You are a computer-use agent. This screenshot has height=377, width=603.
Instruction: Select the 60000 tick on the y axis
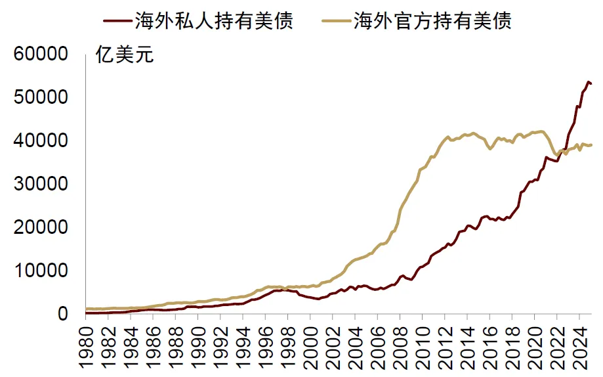click(41, 54)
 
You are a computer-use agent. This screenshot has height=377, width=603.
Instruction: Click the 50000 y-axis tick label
click(41, 97)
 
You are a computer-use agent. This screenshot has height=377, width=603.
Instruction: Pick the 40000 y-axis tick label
click(41, 141)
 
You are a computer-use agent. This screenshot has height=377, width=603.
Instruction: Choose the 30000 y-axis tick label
click(41, 184)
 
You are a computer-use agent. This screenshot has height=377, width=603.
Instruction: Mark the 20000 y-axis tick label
click(41, 227)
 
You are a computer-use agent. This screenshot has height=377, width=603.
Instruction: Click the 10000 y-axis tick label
click(41, 271)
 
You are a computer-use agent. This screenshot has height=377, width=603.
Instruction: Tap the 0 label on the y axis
click(62, 314)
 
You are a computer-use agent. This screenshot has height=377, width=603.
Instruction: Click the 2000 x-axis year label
click(310, 345)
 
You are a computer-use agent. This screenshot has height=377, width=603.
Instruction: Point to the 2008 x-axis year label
click(399, 345)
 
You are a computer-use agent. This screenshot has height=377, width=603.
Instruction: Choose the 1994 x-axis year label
click(243, 345)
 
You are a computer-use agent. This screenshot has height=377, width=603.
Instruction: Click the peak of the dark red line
click(589, 81)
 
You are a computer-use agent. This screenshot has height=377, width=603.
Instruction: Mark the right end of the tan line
click(592, 144)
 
